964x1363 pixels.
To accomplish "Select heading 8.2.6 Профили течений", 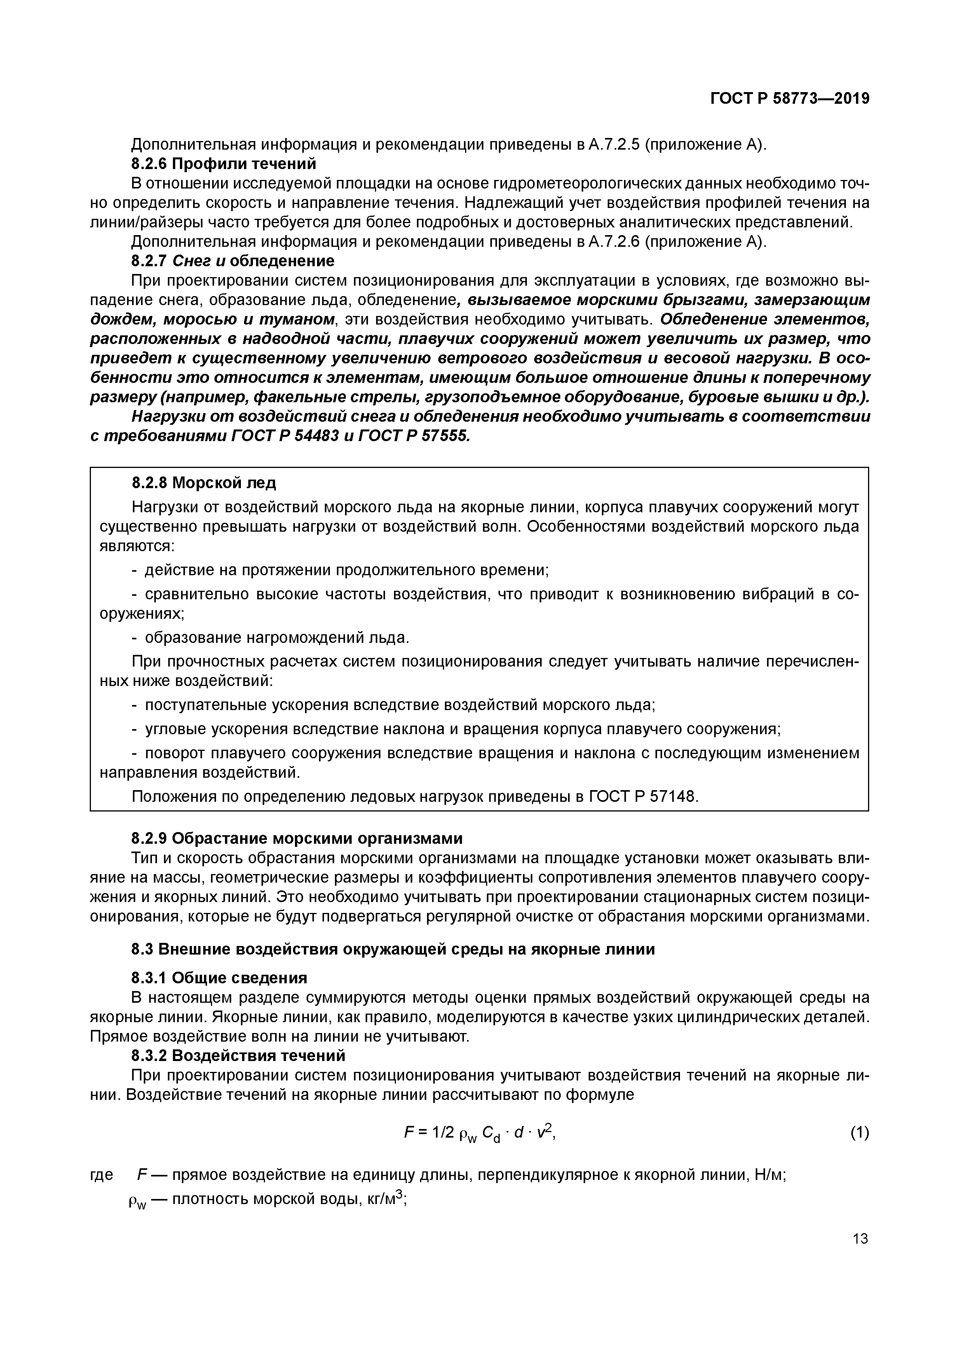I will point(223,163).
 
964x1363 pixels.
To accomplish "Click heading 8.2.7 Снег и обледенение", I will point(232,261).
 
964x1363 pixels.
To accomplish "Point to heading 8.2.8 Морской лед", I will point(204,483).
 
